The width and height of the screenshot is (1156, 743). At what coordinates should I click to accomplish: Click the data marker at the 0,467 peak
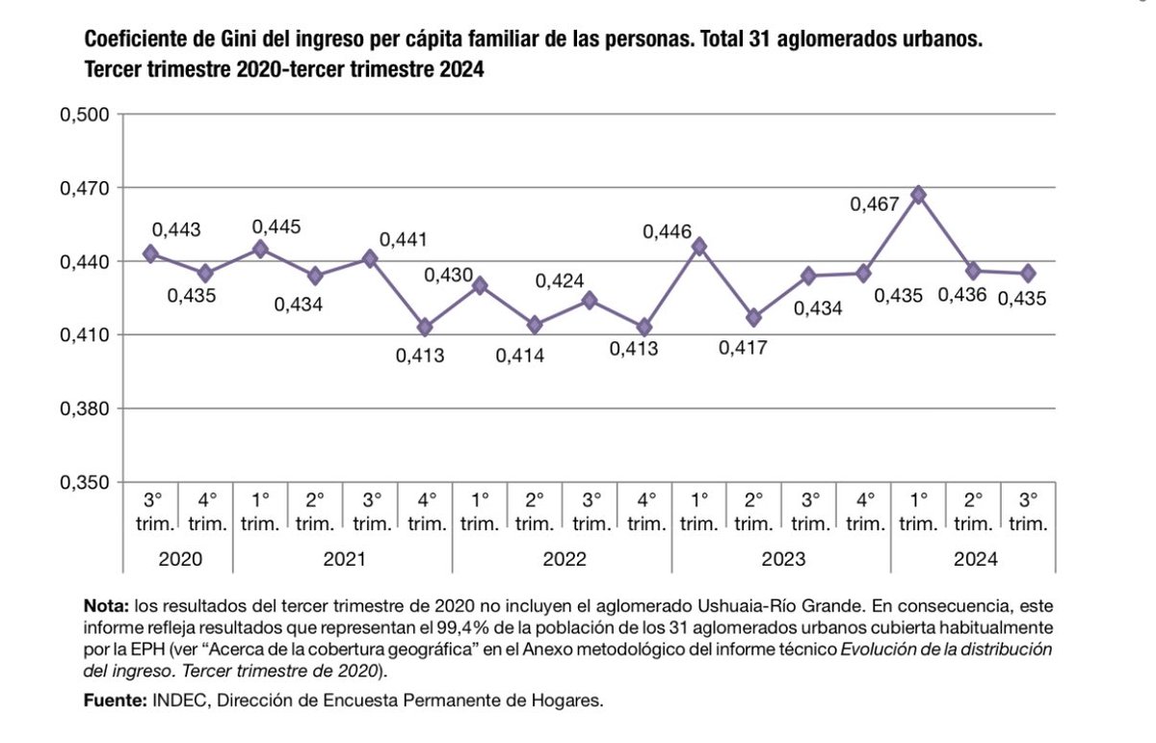(918, 195)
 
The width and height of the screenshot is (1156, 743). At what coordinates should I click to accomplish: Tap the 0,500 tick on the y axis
(87, 115)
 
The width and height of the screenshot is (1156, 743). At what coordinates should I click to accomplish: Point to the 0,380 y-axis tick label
(87, 409)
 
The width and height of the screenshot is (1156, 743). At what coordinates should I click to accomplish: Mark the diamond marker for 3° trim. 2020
(150, 253)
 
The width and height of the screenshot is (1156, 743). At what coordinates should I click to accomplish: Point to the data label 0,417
(743, 348)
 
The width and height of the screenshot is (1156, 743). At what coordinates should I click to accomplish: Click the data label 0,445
(276, 226)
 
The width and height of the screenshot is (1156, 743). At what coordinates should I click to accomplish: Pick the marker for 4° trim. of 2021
(425, 328)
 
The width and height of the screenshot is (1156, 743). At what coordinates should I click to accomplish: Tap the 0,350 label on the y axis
(87, 483)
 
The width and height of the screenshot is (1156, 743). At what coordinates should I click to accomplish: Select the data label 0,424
(559, 282)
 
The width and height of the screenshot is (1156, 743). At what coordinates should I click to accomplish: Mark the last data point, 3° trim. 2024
(1028, 274)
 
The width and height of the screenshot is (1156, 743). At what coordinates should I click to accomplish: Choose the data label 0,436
(963, 296)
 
